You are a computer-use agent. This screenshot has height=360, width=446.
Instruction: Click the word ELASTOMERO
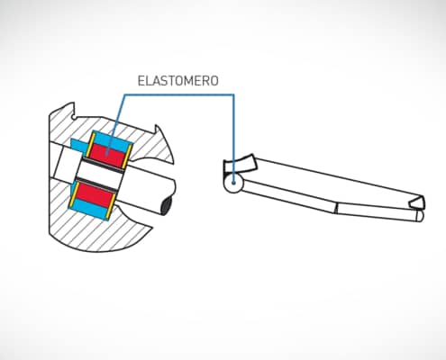177,81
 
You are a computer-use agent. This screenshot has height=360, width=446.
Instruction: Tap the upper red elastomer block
107,155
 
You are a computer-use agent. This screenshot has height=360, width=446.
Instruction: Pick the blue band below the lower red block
89,209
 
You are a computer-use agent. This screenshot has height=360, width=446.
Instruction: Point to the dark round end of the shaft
167,205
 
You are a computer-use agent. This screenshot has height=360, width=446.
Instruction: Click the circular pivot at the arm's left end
233,183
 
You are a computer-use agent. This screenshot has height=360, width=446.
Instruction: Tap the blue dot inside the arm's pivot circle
233,182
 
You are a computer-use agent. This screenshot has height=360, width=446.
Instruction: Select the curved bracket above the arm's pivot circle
239,164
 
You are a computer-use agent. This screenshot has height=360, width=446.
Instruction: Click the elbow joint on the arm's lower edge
336,208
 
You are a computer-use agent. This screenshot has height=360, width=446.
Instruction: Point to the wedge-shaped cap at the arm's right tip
417,202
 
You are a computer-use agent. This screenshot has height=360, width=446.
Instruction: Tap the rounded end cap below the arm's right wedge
420,216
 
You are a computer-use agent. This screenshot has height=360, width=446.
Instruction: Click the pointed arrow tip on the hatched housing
165,145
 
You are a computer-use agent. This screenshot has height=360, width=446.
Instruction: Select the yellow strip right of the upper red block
127,157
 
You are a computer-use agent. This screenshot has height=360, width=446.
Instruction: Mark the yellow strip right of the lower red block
111,206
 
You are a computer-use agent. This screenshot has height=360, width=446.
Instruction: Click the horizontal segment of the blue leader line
179,95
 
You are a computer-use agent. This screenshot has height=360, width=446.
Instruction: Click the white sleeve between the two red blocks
100,175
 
